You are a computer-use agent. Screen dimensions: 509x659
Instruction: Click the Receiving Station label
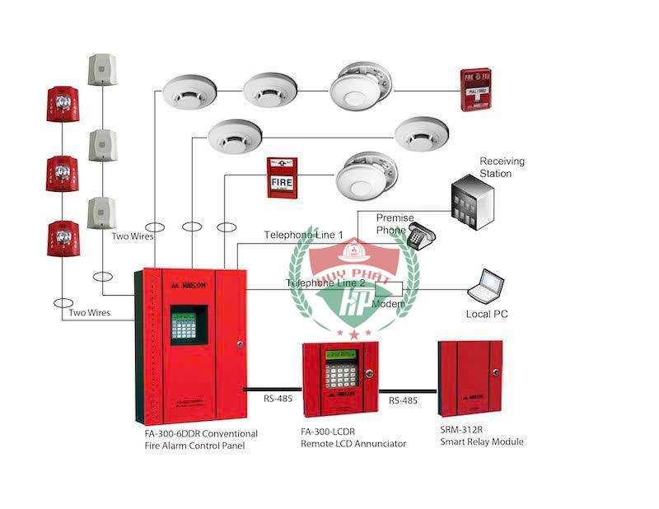(x=502, y=167)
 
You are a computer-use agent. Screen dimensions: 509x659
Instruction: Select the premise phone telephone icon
(x=420, y=236)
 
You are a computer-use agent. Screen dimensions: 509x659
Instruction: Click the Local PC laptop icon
(x=486, y=286)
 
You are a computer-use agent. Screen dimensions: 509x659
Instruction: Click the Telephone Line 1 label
(x=303, y=235)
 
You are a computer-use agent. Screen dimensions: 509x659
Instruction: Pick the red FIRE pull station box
(x=282, y=177)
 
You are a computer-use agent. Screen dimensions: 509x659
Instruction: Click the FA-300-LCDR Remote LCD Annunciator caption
(x=353, y=438)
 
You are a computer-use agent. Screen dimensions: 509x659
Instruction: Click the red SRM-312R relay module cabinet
(x=470, y=380)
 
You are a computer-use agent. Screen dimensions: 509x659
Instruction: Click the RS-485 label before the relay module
(x=403, y=400)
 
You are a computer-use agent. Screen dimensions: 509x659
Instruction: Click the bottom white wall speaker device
(x=100, y=213)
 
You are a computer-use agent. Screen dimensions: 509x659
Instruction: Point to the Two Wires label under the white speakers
(x=133, y=236)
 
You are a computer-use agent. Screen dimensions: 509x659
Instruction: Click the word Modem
(x=388, y=305)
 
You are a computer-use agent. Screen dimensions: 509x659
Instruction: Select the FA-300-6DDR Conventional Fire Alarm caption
(x=200, y=439)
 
